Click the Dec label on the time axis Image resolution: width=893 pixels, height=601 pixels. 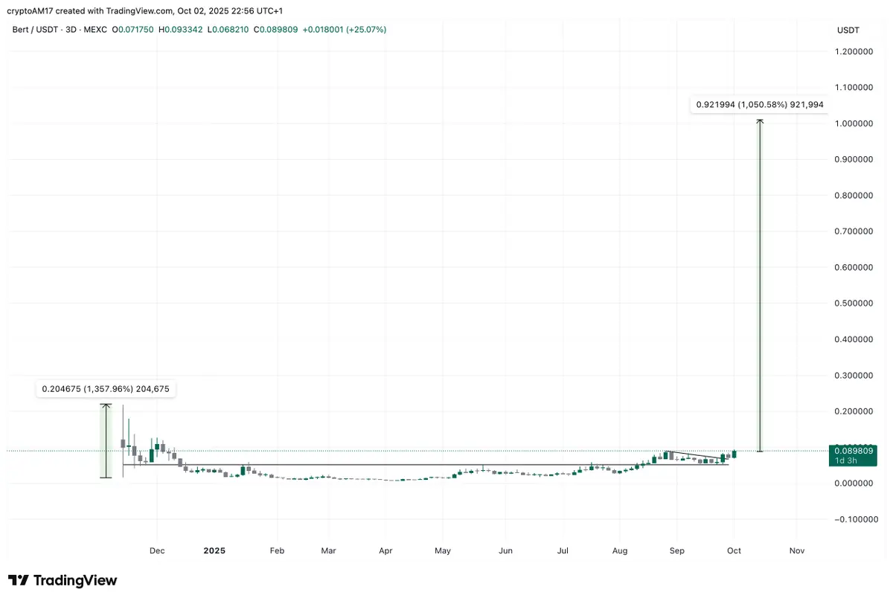pos(157,551)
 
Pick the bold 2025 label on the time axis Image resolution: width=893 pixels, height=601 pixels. pos(214,551)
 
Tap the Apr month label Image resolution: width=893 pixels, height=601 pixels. pos(385,551)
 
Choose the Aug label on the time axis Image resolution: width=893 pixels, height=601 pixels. pos(620,551)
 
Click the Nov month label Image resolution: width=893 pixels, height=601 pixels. pos(797,551)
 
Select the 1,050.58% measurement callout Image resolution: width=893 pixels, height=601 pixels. pos(759,105)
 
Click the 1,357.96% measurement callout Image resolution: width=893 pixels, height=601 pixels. pos(106,389)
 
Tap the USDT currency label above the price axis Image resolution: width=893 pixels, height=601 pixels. pos(848,30)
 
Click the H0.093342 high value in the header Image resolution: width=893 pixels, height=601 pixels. pos(181,30)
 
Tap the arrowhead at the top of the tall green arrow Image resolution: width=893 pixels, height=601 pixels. pos(759,120)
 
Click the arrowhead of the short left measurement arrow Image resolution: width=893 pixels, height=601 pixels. pos(106,405)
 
